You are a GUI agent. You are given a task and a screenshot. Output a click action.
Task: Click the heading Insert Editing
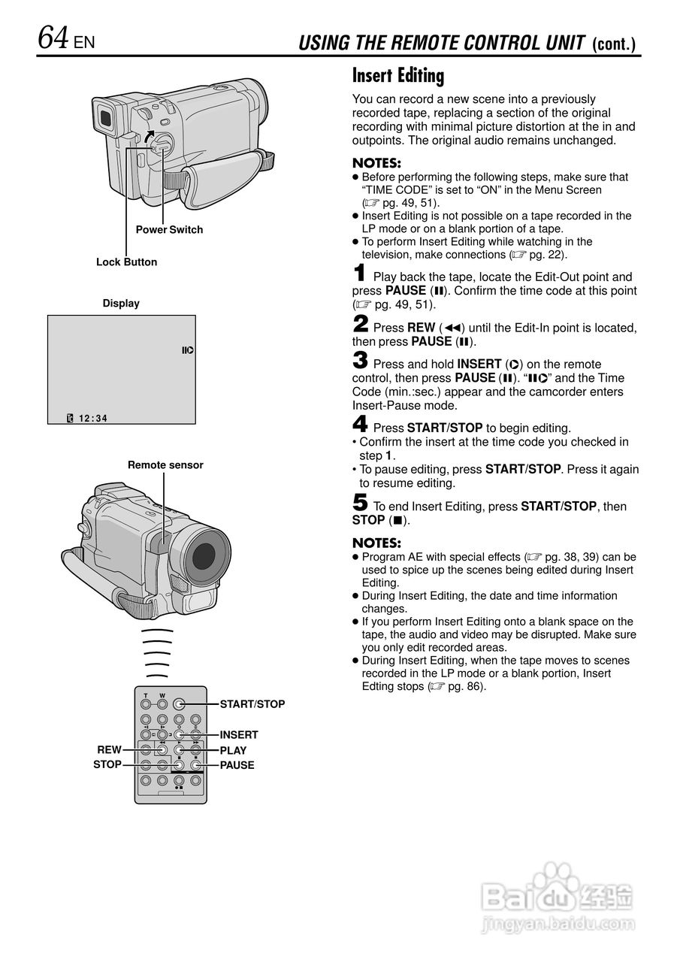point(398,75)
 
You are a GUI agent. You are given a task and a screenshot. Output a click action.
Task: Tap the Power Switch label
point(169,229)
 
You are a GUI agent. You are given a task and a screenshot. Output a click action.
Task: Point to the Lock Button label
point(126,262)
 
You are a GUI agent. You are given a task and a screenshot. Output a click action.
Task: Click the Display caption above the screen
point(121,303)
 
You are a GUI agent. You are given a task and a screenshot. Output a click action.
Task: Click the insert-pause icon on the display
point(187,350)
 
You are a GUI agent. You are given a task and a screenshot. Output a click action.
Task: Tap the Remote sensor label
point(165,464)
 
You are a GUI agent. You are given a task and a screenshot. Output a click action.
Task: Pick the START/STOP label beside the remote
point(252,704)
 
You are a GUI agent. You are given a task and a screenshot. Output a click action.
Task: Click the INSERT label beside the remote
point(238,734)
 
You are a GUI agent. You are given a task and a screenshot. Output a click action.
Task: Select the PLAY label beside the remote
point(233,750)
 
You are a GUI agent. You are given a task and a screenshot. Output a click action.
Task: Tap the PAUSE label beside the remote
point(237,765)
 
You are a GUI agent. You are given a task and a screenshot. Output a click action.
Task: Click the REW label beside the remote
point(109,749)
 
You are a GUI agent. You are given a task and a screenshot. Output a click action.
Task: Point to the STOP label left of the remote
point(107,764)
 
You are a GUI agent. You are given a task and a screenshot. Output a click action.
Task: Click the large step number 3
point(360,361)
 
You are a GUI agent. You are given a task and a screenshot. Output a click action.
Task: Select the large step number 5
point(360,503)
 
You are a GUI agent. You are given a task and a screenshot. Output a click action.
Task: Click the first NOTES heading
point(376,163)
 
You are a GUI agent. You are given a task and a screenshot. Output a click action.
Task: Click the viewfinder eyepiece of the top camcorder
point(107,117)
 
